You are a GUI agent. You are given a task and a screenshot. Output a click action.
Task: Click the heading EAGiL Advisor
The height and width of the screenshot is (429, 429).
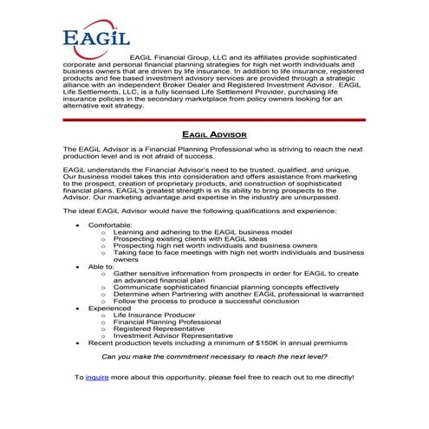point(215,135)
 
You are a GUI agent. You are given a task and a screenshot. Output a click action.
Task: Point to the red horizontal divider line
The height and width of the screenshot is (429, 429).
point(215,120)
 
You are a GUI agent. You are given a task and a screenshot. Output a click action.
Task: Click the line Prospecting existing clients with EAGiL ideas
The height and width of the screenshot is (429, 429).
point(194,238)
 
